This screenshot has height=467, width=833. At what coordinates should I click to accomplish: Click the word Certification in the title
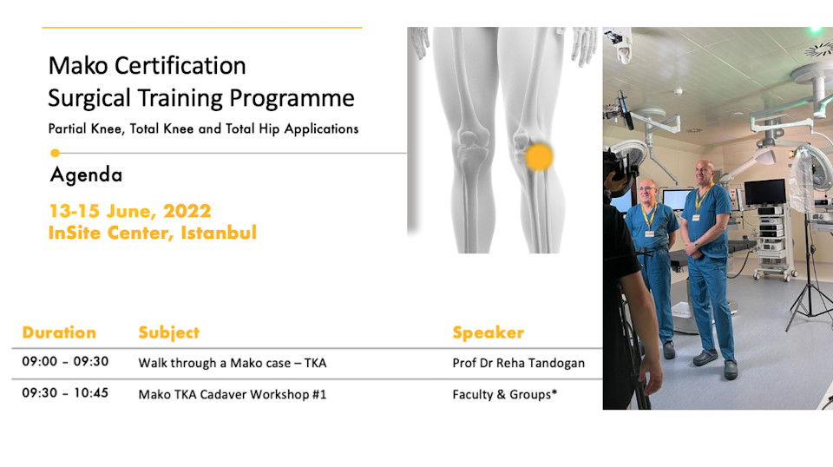coord(180,66)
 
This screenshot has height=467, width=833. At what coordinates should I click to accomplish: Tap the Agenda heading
coord(86,174)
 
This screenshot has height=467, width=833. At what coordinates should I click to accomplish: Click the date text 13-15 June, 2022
coord(130,212)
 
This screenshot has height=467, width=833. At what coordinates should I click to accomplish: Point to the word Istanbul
coord(219,233)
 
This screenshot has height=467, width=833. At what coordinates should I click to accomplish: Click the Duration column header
coord(59,332)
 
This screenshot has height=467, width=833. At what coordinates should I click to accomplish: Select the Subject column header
coord(169,332)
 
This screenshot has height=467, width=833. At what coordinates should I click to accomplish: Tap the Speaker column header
coord(489,332)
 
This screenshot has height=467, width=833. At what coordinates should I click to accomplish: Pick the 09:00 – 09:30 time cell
coord(65,361)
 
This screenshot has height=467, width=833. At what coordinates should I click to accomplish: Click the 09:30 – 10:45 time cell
coord(65,392)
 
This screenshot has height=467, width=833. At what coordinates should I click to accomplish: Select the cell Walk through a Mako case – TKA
coord(233,364)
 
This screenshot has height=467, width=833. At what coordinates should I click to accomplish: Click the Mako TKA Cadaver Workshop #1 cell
coord(233,395)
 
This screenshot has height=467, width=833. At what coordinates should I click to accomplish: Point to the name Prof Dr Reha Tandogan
coord(519,364)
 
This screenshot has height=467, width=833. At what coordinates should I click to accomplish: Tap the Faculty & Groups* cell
coord(505,395)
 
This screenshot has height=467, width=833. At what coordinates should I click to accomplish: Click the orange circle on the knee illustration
coord(539,157)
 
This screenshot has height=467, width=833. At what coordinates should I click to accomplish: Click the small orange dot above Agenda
coord(55,153)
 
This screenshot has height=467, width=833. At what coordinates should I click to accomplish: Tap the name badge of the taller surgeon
coord(695,217)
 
